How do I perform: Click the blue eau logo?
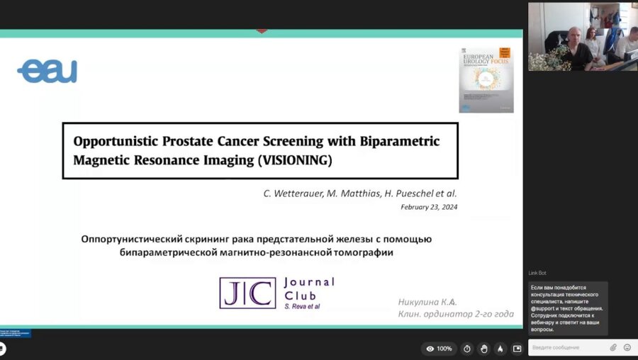pos(47,71)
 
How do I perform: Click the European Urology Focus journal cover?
pos(486,80)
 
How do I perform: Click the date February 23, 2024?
pos(429,207)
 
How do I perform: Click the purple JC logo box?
pos(247,293)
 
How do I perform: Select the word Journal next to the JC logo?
pos(308,282)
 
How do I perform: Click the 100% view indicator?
pos(440,349)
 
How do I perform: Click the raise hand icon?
pos(483,349)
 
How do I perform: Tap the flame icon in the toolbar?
pos(500,349)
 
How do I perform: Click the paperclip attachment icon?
pos(613,347)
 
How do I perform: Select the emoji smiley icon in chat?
pos(627,347)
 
